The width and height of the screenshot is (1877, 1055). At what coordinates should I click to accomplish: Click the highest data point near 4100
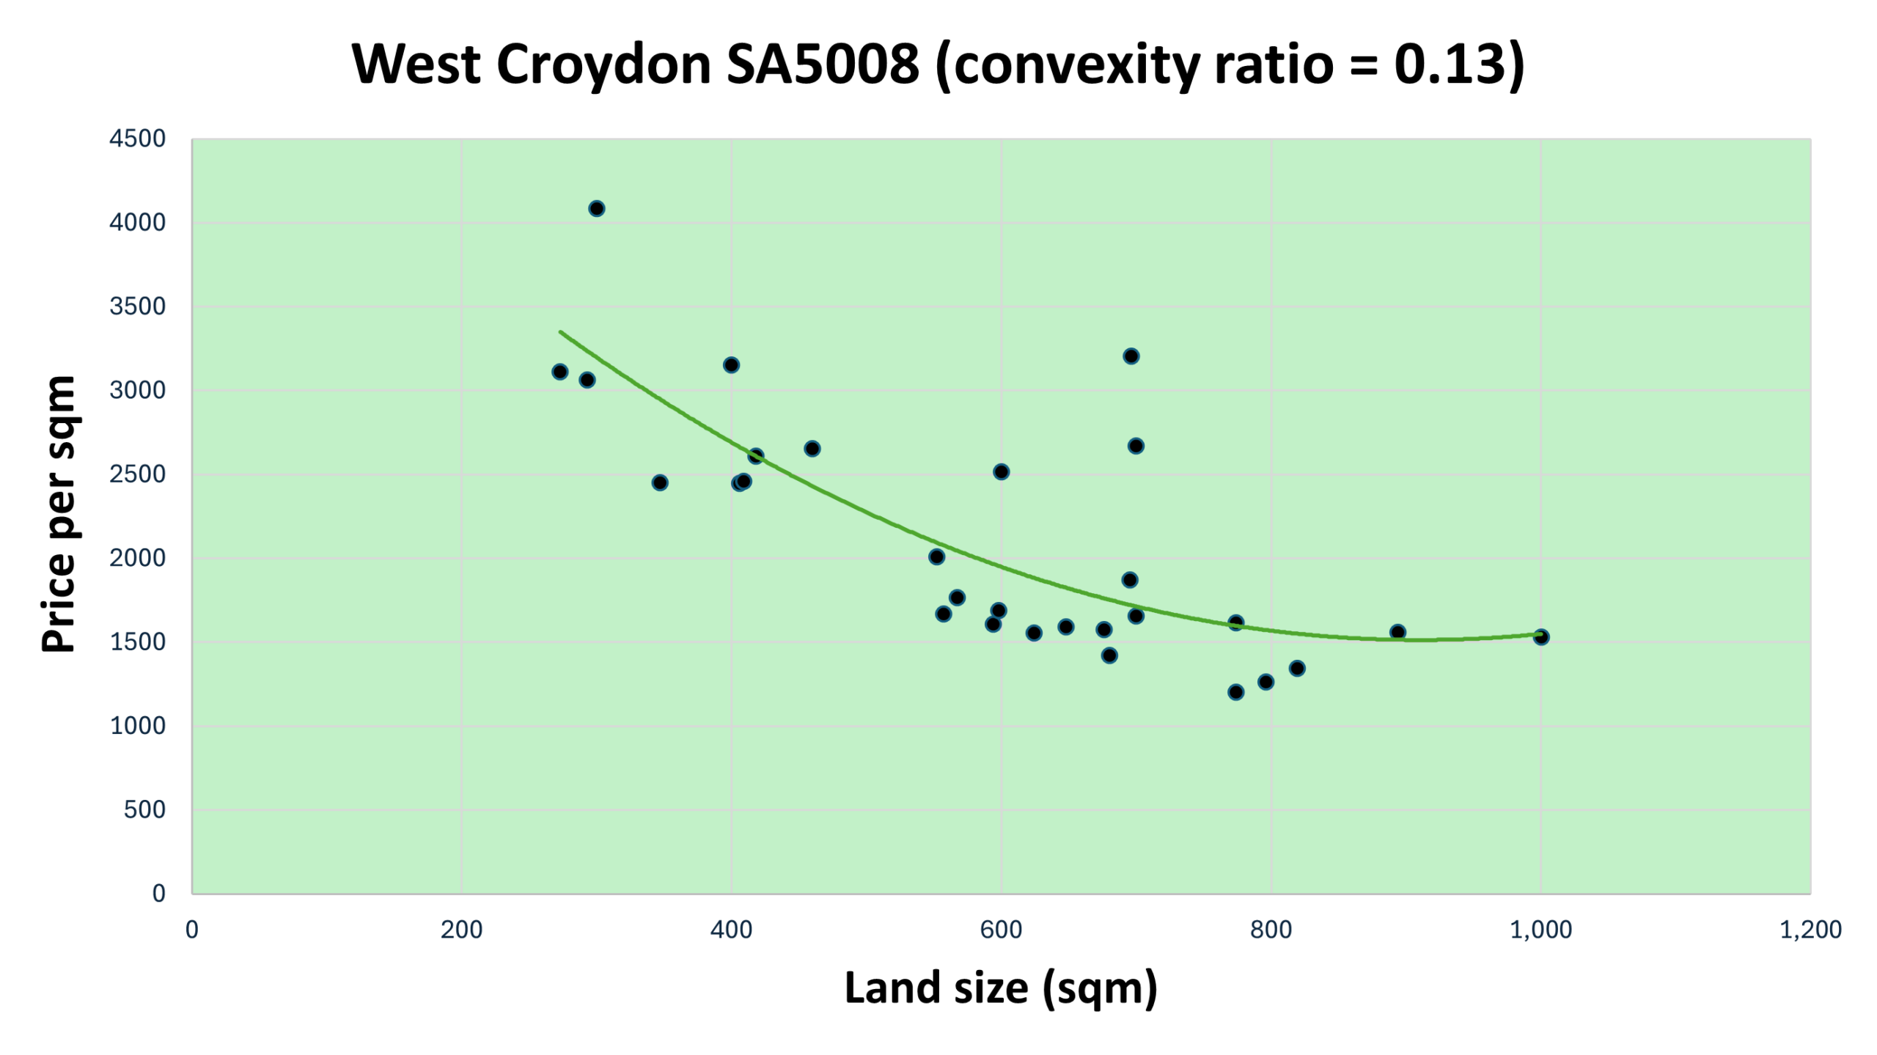(x=596, y=209)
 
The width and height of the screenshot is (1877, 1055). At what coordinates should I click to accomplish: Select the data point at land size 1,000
(x=1540, y=637)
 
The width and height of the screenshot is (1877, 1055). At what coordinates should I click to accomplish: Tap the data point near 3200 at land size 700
(x=1131, y=356)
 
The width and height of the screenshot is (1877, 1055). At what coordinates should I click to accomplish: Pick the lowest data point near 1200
(x=1235, y=692)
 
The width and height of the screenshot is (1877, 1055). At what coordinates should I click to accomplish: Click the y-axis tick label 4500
(x=138, y=139)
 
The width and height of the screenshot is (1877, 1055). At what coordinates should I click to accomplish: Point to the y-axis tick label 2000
(x=138, y=558)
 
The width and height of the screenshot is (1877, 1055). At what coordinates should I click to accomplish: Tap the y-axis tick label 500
(x=144, y=809)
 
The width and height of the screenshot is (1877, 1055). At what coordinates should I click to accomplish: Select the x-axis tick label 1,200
(x=1810, y=930)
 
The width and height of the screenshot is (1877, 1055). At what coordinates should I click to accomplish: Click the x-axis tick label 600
(x=1001, y=930)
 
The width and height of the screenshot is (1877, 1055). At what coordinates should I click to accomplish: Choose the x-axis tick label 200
(x=461, y=930)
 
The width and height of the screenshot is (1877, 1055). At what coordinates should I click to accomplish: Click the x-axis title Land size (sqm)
(x=1001, y=988)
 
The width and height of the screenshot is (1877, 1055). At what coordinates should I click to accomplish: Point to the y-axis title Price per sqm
(x=59, y=514)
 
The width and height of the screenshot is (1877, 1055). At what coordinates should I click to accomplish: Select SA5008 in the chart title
(x=823, y=64)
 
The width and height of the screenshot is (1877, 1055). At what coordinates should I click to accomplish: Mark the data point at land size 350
(x=659, y=482)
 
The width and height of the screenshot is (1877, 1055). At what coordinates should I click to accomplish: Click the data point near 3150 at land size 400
(x=731, y=365)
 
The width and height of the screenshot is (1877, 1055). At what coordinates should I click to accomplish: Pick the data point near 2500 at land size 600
(x=1001, y=471)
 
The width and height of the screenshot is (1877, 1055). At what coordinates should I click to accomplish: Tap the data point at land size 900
(x=1397, y=632)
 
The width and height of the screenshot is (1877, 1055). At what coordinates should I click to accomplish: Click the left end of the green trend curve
(x=560, y=332)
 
